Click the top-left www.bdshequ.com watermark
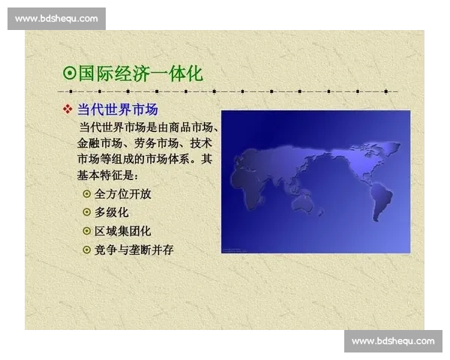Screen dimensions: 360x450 click(56, 18)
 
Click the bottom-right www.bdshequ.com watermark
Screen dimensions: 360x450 click(393, 341)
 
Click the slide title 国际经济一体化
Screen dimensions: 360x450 click(140, 73)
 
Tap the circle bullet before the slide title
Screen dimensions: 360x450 click(69, 74)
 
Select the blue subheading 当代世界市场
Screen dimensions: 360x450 click(118, 109)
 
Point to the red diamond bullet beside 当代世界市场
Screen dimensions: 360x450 click(67, 109)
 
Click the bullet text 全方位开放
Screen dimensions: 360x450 click(123, 193)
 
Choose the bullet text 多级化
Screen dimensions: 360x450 click(112, 212)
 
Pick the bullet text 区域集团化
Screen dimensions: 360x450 click(123, 231)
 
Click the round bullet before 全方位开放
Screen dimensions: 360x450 click(86, 193)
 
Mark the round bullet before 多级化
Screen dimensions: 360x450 click(86, 212)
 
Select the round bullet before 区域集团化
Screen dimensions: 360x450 click(86, 231)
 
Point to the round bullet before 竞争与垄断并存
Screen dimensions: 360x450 click(86, 250)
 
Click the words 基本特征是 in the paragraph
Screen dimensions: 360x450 click(106, 175)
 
